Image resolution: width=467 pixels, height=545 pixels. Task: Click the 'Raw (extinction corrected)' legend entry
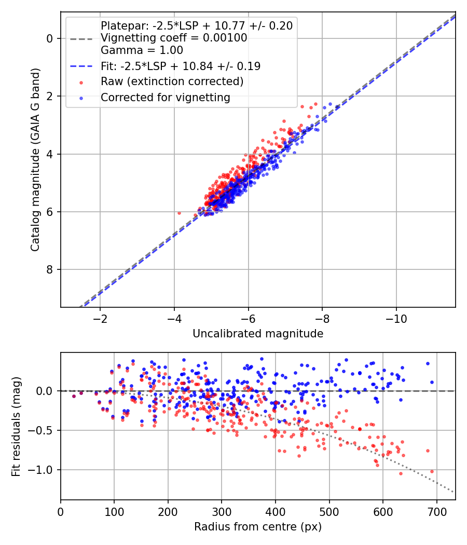(x=172, y=81)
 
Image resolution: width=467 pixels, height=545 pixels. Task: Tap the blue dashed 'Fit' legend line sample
(x=81, y=66)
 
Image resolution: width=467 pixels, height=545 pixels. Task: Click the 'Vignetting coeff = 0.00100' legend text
(x=174, y=38)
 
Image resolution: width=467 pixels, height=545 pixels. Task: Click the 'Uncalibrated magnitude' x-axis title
(x=258, y=334)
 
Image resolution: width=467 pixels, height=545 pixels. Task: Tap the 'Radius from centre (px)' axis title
(x=258, y=527)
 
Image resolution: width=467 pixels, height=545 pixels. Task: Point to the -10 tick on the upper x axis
(x=396, y=318)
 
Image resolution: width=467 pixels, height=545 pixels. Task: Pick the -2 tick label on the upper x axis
(x=100, y=318)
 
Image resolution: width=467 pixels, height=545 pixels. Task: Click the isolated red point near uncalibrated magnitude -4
(x=179, y=213)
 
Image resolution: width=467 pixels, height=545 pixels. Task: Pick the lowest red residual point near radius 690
(x=432, y=471)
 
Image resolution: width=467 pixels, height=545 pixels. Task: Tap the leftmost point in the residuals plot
(x=74, y=396)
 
